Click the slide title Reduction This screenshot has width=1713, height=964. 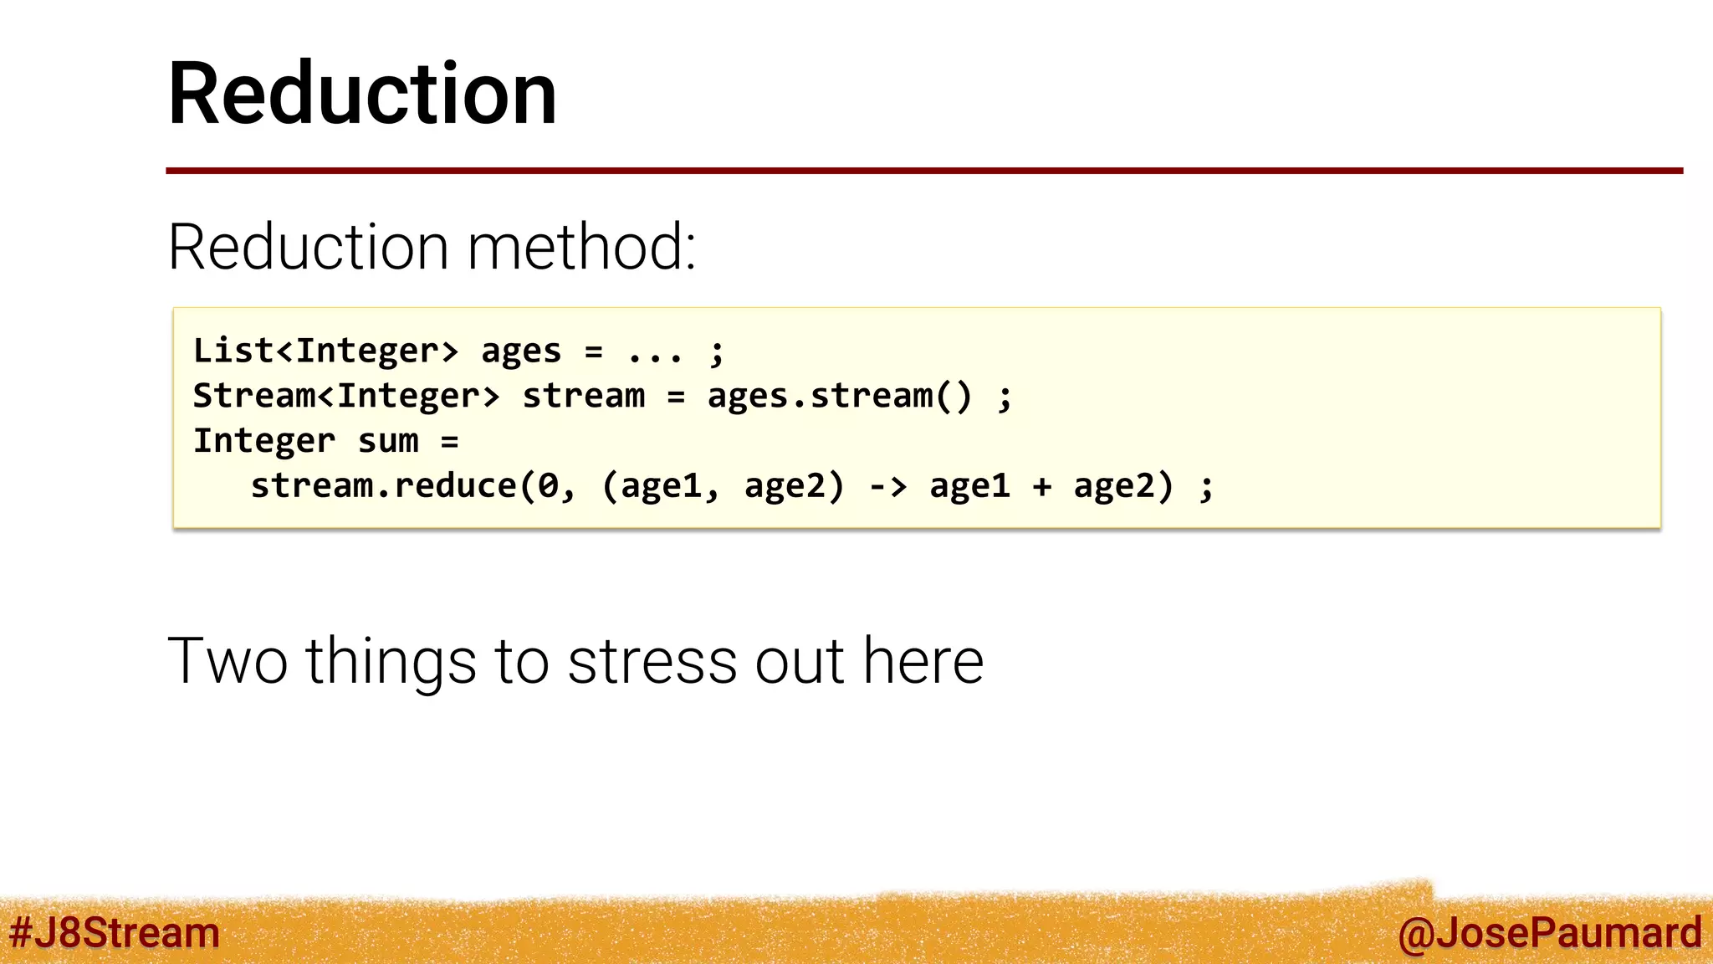point(362,94)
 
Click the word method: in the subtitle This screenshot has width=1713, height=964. point(581,248)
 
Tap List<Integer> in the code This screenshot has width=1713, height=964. point(325,351)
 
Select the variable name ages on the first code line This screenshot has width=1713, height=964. point(520,351)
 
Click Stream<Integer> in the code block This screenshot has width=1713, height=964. point(346,396)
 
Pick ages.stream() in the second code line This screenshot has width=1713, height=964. point(839,396)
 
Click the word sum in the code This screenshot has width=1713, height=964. point(388,441)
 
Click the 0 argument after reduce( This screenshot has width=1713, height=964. point(548,486)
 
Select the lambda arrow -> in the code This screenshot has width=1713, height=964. point(887,486)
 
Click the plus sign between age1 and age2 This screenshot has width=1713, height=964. point(1041,486)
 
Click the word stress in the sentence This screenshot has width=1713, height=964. point(652,661)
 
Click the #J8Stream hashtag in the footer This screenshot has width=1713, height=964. point(114,933)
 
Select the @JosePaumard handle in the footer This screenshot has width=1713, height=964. point(1549,933)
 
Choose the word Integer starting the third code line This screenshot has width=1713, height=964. point(264,441)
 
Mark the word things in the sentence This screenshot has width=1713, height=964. point(391,661)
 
